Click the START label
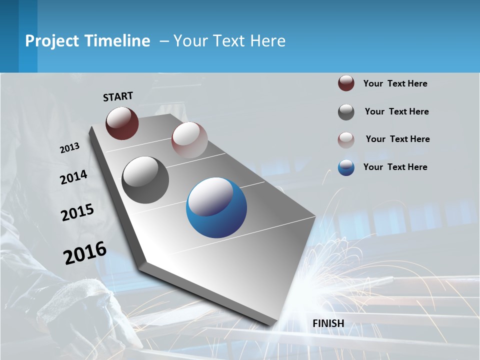(118, 96)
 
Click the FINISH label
(328, 323)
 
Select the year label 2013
(69, 148)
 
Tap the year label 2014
(73, 177)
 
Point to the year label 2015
(77, 212)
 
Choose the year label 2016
(84, 253)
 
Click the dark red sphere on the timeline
(122, 123)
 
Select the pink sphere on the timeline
(189, 139)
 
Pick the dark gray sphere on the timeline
(145, 180)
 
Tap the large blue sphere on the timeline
(216, 207)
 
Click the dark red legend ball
(346, 83)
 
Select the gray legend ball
(346, 112)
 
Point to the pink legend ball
(346, 140)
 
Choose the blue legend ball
(346, 167)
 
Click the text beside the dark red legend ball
(395, 83)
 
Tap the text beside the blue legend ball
(395, 167)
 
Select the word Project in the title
(52, 41)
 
